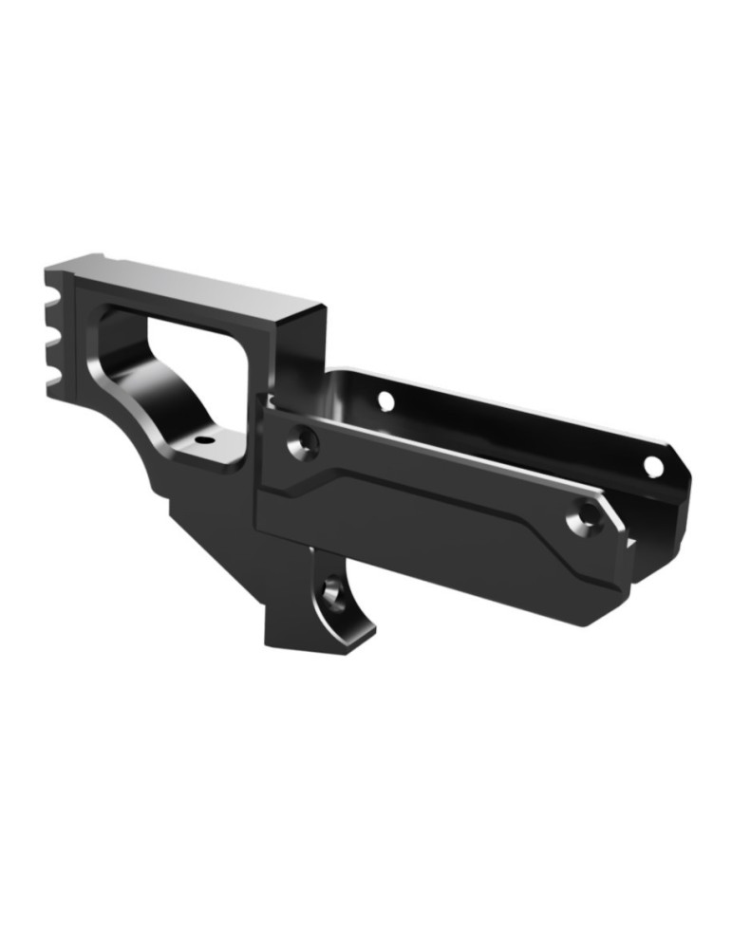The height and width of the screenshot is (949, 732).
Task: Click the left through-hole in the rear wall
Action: click(385, 400)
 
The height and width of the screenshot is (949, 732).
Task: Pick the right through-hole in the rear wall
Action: click(653, 466)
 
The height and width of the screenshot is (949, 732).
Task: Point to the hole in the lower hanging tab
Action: click(331, 593)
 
